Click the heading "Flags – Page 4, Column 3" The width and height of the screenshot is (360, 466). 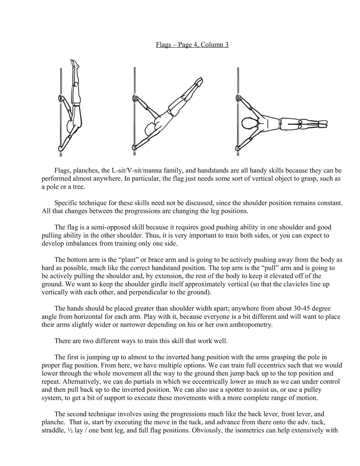pos(192,45)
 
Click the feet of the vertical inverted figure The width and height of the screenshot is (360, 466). pos(75,63)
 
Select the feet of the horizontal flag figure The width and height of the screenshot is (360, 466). pos(322,123)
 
